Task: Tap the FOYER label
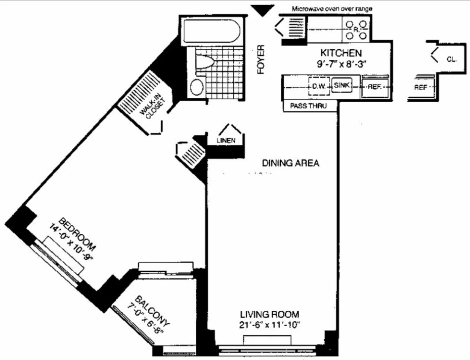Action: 261,60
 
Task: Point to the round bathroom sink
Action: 196,87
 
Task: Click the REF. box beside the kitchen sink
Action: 375,87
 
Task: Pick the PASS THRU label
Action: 308,106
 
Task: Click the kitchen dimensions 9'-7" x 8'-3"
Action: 340,64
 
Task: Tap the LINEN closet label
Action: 226,140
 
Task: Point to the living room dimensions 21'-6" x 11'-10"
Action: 270,325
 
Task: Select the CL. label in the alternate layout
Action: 451,60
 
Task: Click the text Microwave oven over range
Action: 332,8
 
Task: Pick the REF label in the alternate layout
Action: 420,87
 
